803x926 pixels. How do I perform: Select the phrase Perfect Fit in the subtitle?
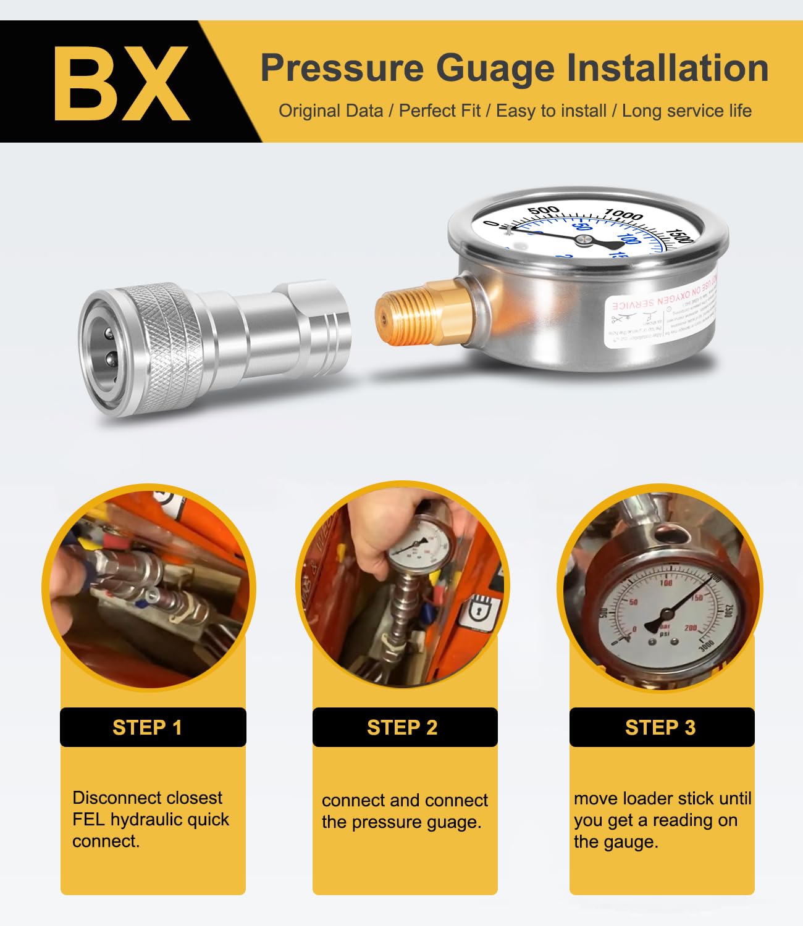point(439,111)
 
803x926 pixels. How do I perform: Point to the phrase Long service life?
point(686,111)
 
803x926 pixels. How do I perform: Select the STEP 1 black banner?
point(153,727)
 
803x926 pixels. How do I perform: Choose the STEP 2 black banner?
point(405,727)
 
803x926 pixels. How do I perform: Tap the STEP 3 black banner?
point(662,727)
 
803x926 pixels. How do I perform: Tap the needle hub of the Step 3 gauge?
point(665,615)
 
